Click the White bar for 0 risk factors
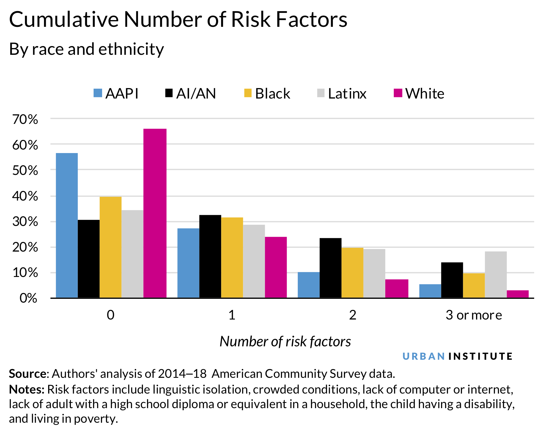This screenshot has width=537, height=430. pyautogui.click(x=155, y=213)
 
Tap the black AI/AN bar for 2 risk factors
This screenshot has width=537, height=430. pyautogui.click(x=330, y=268)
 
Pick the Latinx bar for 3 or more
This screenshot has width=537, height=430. pyautogui.click(x=496, y=274)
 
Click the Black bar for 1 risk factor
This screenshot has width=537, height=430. pyautogui.click(x=232, y=257)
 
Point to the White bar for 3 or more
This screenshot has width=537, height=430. pyautogui.click(x=517, y=294)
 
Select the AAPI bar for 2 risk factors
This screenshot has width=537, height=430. pyautogui.click(x=309, y=285)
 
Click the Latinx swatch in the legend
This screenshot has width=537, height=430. pyautogui.click(x=321, y=93)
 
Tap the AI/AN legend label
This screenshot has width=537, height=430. pyautogui.click(x=196, y=94)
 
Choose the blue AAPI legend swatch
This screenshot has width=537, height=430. pyautogui.click(x=98, y=93)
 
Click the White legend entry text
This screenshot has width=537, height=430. pyautogui.click(x=425, y=94)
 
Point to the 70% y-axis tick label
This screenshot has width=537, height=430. pyautogui.click(x=25, y=120)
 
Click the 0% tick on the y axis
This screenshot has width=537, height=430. pyautogui.click(x=28, y=298)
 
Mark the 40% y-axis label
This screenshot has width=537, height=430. pyautogui.click(x=25, y=196)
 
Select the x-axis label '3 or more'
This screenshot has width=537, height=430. pyautogui.click(x=474, y=315)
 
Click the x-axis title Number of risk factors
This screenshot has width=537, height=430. pyautogui.click(x=285, y=341)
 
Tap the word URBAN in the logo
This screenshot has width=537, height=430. pyautogui.click(x=424, y=356)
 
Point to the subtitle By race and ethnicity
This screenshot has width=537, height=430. pyautogui.click(x=86, y=49)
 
